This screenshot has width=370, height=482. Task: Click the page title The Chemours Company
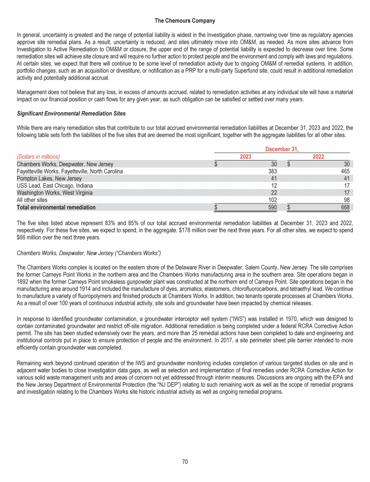(185, 21)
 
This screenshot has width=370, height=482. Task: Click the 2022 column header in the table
(318, 157)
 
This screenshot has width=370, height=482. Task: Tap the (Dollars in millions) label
(38, 157)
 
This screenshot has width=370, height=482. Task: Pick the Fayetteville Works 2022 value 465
(346, 171)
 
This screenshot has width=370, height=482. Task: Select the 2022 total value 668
(346, 207)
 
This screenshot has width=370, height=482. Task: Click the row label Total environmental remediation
(56, 207)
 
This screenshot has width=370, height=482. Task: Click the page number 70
(185, 462)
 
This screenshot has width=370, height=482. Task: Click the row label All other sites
(32, 200)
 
